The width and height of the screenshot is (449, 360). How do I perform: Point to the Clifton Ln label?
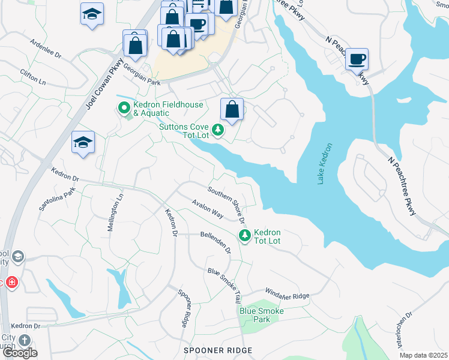click(x=33, y=76)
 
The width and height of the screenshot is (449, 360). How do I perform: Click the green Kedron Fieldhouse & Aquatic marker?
click(x=124, y=109)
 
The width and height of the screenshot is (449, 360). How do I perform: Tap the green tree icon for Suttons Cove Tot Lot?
click(x=217, y=129)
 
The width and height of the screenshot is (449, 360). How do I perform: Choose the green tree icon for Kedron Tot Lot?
click(x=244, y=235)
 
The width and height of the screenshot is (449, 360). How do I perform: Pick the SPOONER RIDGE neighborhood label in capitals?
click(x=217, y=350)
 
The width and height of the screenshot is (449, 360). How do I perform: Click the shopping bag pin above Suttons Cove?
click(x=232, y=110)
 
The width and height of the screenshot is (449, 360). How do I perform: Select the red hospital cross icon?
click(x=11, y=282)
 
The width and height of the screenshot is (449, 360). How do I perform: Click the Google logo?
click(x=19, y=353)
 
